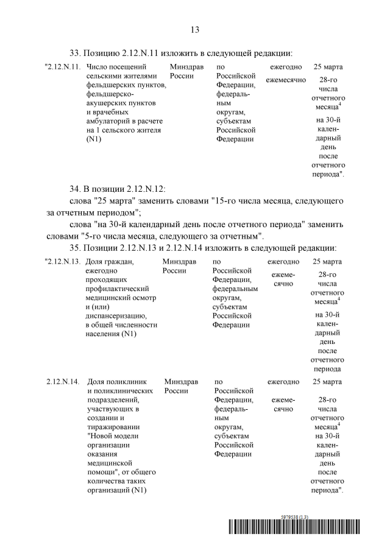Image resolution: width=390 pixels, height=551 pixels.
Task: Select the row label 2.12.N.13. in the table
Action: tap(63, 262)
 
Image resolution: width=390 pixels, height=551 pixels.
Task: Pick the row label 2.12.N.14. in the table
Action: tap(63, 382)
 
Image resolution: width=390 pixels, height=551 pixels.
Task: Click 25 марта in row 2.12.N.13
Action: tap(327, 262)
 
